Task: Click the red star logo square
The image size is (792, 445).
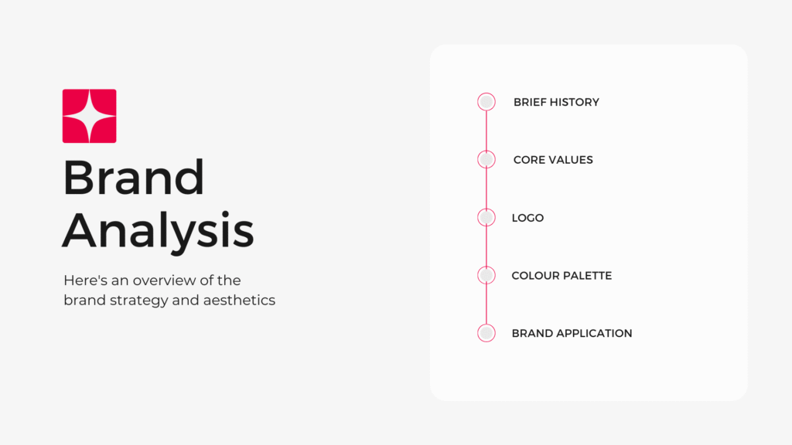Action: click(90, 116)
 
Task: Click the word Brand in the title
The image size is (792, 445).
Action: click(134, 177)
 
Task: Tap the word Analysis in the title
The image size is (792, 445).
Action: click(158, 230)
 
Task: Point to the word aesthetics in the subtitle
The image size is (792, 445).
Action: click(240, 301)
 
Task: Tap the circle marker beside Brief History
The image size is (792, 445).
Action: click(486, 102)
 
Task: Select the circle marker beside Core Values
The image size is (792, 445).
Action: click(486, 159)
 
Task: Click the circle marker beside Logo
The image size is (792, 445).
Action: click(486, 217)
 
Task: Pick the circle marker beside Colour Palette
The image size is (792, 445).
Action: click(486, 275)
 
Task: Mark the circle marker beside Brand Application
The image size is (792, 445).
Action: click(486, 333)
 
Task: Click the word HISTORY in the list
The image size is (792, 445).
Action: click(575, 103)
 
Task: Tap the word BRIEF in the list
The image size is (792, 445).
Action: click(530, 103)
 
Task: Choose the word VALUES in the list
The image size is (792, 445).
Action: click(571, 160)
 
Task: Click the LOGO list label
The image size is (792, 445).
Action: click(527, 218)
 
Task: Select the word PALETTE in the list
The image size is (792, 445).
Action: click(588, 276)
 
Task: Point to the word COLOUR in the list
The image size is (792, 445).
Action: click(535, 276)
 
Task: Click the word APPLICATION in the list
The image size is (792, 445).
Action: click(593, 334)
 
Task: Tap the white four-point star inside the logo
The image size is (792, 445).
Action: click(90, 116)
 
